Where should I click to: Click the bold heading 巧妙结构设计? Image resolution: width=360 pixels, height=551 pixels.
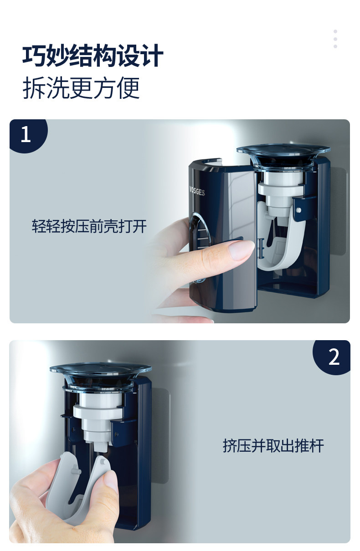pyautogui.click(x=93, y=56)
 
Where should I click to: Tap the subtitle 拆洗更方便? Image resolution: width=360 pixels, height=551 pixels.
pyautogui.click(x=81, y=88)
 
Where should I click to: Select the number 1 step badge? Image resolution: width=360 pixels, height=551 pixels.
pyautogui.click(x=28, y=136)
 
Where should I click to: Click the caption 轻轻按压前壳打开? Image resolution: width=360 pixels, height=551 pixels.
pyautogui.click(x=89, y=226)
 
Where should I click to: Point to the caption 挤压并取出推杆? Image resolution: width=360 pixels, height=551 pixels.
pyautogui.click(x=273, y=445)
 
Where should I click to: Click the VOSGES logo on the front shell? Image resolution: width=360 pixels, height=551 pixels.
pyautogui.click(x=197, y=191)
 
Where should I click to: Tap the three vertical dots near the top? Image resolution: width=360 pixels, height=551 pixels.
pyautogui.click(x=335, y=39)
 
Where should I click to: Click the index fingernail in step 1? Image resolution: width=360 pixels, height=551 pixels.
pyautogui.click(x=242, y=249)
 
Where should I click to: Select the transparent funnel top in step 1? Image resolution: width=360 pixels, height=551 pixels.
pyautogui.click(x=283, y=154)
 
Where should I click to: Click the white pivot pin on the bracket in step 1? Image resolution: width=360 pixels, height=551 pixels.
pyautogui.click(x=298, y=210)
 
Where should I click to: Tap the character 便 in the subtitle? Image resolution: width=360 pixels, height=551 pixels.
pyautogui.click(x=129, y=88)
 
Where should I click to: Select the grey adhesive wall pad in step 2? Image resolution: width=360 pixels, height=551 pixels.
pyautogui.click(x=160, y=435)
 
